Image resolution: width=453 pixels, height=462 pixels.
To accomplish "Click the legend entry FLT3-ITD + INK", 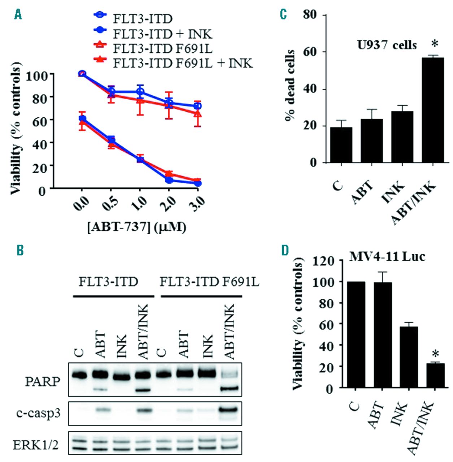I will (162, 34).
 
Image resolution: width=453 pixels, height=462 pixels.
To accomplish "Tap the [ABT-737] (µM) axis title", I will (137, 227).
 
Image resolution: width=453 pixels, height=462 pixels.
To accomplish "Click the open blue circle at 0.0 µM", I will (82, 74).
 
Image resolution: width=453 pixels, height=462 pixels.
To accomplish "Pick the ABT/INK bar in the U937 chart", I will (432, 110).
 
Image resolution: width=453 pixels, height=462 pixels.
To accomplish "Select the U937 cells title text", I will (387, 45).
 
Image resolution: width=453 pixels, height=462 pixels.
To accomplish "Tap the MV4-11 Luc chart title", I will (387, 257).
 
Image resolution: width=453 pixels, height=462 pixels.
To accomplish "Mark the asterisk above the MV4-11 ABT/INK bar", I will (435, 354).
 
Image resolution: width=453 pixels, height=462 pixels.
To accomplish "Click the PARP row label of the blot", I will (43, 382).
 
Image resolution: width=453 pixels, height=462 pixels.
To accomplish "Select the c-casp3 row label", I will (38, 413).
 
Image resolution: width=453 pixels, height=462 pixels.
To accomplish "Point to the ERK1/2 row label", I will (36, 445).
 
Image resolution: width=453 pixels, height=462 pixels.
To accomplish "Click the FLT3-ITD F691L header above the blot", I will (209, 282).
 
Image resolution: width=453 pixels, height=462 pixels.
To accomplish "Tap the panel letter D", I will (285, 251).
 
